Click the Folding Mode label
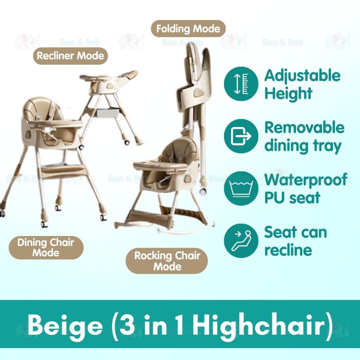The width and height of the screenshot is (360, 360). click(x=188, y=29)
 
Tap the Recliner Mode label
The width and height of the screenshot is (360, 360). click(x=70, y=56)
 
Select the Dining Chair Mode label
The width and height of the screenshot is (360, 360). click(x=46, y=248)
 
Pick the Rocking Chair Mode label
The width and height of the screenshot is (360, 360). click(x=167, y=261)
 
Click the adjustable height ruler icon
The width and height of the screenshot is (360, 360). click(x=241, y=84)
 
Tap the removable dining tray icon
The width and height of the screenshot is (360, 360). click(x=241, y=136)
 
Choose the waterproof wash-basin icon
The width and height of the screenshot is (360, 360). click(x=241, y=188)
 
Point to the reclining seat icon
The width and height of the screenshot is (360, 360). click(x=241, y=240)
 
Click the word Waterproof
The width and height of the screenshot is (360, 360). click(x=306, y=180)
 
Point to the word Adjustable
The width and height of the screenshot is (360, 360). click(x=302, y=76)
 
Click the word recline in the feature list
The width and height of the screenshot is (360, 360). click(x=288, y=250)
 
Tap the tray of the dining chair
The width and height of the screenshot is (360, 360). click(x=55, y=124)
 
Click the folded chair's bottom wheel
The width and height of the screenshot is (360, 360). click(x=202, y=191)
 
